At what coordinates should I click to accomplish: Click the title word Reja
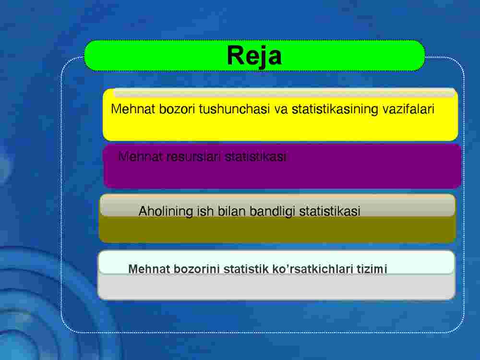click(254, 56)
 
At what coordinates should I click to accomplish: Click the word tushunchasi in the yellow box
click(234, 109)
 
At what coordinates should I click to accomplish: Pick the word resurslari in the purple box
click(193, 157)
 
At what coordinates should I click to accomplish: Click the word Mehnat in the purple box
click(140, 157)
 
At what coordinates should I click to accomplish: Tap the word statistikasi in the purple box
click(255, 157)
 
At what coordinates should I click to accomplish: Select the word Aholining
click(166, 211)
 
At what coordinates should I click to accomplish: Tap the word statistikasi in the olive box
click(330, 211)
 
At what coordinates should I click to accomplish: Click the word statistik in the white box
click(246, 269)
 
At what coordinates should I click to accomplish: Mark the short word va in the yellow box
click(281, 109)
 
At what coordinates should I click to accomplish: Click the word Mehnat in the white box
click(149, 269)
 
